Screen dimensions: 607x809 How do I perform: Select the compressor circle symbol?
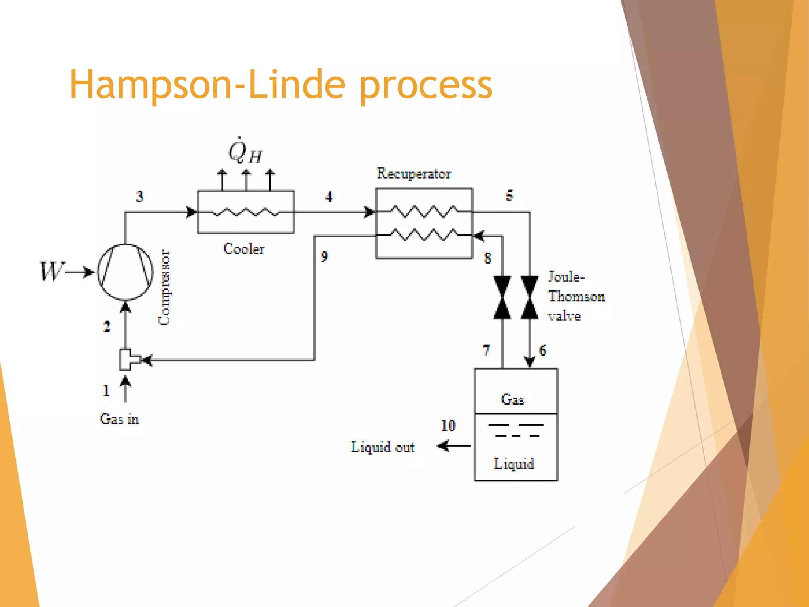click(125, 272)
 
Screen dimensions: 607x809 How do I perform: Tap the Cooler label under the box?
click(244, 249)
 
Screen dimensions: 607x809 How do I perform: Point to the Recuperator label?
click(414, 173)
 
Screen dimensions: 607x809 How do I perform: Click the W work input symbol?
click(51, 271)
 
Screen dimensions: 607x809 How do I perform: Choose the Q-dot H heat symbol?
click(245, 152)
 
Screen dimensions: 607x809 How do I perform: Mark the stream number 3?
click(139, 196)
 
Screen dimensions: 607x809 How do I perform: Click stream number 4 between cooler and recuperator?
click(329, 197)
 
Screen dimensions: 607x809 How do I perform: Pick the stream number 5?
click(510, 195)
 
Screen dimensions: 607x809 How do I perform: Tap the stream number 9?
click(324, 256)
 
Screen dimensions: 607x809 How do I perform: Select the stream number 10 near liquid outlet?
click(448, 426)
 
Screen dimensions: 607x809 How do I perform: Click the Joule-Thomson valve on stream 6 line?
click(530, 298)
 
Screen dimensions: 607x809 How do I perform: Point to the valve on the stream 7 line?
click(502, 298)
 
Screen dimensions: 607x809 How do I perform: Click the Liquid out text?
click(382, 447)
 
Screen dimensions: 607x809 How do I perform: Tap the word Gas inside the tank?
click(513, 400)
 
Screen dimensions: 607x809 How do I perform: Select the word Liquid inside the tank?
click(514, 464)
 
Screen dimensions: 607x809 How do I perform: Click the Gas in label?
click(119, 419)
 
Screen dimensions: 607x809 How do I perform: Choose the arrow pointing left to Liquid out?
click(453, 446)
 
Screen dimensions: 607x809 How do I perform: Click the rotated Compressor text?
click(164, 287)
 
